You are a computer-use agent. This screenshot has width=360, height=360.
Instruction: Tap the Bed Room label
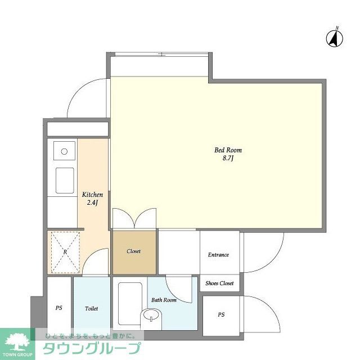tap(228, 150)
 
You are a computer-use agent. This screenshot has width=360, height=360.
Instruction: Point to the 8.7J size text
tap(228, 159)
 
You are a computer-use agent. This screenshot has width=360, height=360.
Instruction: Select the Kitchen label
tap(92, 195)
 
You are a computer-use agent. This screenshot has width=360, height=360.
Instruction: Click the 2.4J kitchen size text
tap(92, 203)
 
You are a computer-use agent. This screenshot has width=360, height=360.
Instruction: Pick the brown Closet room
tap(133, 251)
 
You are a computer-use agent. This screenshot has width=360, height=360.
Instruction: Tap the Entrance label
tap(218, 255)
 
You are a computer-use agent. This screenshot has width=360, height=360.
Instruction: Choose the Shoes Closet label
tap(219, 283)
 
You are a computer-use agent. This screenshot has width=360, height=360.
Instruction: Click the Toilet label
tap(91, 309)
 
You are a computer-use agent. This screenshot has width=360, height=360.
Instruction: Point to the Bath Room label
tap(164, 300)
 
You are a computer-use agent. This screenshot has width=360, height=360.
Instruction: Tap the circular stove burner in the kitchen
tap(64, 151)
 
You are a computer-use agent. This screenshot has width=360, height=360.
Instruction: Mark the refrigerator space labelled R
tap(65, 251)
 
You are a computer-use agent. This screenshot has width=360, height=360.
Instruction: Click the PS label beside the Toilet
tap(58, 309)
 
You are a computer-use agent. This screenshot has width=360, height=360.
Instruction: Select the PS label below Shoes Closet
tap(221, 315)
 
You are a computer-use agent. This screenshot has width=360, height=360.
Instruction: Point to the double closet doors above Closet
tap(134, 218)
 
